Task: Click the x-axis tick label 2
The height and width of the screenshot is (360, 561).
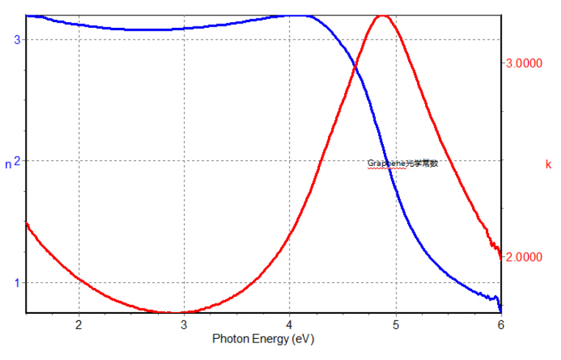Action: point(79,324)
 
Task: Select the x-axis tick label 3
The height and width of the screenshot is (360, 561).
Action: point(185,324)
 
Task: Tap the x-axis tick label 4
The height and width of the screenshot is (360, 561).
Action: point(290,324)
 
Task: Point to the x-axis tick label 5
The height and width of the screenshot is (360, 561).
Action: point(396,324)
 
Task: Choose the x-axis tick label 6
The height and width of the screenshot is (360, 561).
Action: point(501,324)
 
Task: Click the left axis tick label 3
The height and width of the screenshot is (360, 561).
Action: point(16,39)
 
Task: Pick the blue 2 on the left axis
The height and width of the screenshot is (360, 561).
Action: point(16,161)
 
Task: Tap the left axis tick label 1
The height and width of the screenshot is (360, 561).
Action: point(16,283)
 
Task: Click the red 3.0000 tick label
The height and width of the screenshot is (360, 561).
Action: point(524,64)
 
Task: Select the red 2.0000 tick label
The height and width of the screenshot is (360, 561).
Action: point(524,257)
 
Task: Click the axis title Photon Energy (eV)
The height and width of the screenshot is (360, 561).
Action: point(254,339)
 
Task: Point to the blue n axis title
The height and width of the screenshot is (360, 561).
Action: point(8,165)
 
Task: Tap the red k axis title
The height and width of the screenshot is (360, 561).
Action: point(548,165)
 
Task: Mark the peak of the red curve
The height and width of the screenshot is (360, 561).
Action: point(382,15)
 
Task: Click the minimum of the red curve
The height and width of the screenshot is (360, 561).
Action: point(173,312)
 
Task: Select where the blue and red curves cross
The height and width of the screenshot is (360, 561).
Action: point(356,68)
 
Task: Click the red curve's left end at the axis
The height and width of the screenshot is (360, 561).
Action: point(26,223)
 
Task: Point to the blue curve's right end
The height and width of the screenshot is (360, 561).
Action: point(500,309)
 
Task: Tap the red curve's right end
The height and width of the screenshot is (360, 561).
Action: point(501,256)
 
